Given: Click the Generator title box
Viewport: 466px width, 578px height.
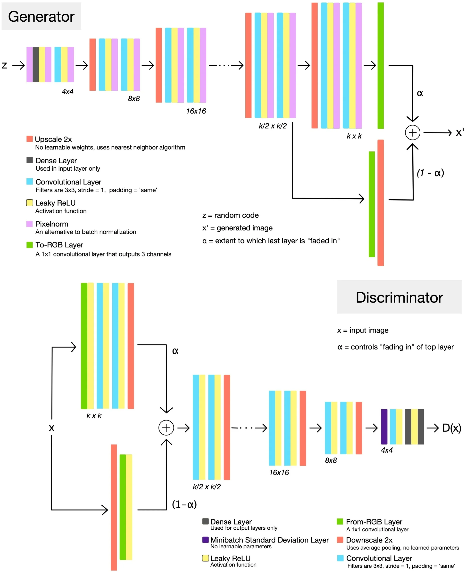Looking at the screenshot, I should [41, 16].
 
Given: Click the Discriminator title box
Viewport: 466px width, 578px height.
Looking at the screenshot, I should [399, 297].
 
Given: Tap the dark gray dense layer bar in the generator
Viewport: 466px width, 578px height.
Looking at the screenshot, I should [36, 64].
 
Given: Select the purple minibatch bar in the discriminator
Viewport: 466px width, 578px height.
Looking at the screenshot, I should [384, 427].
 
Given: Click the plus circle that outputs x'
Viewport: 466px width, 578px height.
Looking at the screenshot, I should [412, 132].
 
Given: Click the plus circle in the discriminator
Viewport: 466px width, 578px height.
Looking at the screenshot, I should [166, 428].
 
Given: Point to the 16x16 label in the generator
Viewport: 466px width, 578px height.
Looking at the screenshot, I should [196, 111].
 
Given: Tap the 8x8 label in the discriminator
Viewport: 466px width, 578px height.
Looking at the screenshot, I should [331, 461].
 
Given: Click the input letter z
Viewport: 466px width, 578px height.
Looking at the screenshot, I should [4, 65].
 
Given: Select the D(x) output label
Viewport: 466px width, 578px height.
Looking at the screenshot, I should [451, 428].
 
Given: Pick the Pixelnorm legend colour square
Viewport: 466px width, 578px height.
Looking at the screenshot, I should [30, 224].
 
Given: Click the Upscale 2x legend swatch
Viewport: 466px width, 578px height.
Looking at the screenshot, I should [30, 139].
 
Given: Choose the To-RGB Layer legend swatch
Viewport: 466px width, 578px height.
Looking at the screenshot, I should [30, 245].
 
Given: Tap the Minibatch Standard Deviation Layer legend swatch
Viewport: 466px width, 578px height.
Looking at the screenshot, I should [205, 540].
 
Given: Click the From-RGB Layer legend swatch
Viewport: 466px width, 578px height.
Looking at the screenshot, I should [340, 522].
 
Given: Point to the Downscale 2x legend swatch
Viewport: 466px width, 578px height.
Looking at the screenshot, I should [340, 540].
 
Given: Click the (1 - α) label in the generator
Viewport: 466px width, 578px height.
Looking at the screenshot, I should [430, 173].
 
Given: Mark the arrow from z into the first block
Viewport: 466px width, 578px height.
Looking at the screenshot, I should [18, 65].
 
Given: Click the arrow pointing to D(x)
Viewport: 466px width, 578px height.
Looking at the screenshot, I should [433, 428].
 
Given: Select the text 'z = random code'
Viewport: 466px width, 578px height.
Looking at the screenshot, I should [230, 215].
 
